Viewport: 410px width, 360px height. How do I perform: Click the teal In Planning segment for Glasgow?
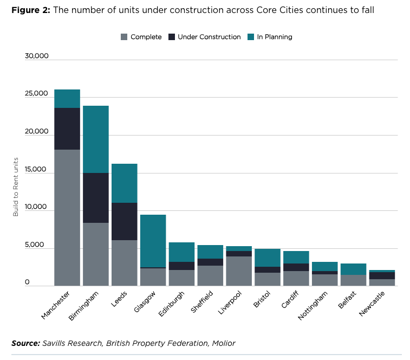(153, 241)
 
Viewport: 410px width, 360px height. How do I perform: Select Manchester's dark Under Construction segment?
(67, 128)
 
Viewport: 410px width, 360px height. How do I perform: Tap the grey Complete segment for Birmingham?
(96, 254)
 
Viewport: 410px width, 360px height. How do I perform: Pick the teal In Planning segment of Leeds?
(125, 183)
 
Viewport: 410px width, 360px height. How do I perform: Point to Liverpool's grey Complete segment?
(239, 271)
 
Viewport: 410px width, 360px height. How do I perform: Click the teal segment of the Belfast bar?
(354, 269)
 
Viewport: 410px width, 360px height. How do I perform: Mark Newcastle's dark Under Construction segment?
(382, 275)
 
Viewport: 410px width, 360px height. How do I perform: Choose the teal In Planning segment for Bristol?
(268, 258)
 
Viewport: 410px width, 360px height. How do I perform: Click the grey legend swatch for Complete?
(124, 37)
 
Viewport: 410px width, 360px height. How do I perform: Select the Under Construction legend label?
(209, 37)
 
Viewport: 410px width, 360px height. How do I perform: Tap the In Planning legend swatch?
(251, 37)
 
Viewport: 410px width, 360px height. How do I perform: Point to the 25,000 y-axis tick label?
(36, 93)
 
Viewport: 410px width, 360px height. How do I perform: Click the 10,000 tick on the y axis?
(36, 207)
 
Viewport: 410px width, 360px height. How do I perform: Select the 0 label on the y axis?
(27, 282)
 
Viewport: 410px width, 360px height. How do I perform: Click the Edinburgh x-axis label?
(172, 304)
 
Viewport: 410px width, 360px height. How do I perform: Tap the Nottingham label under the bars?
(313, 305)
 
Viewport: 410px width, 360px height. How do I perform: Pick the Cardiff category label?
(290, 299)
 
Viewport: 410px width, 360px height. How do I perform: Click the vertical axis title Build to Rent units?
(16, 187)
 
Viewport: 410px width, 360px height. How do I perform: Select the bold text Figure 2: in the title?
(31, 10)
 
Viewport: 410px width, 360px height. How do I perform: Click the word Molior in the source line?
(224, 343)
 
